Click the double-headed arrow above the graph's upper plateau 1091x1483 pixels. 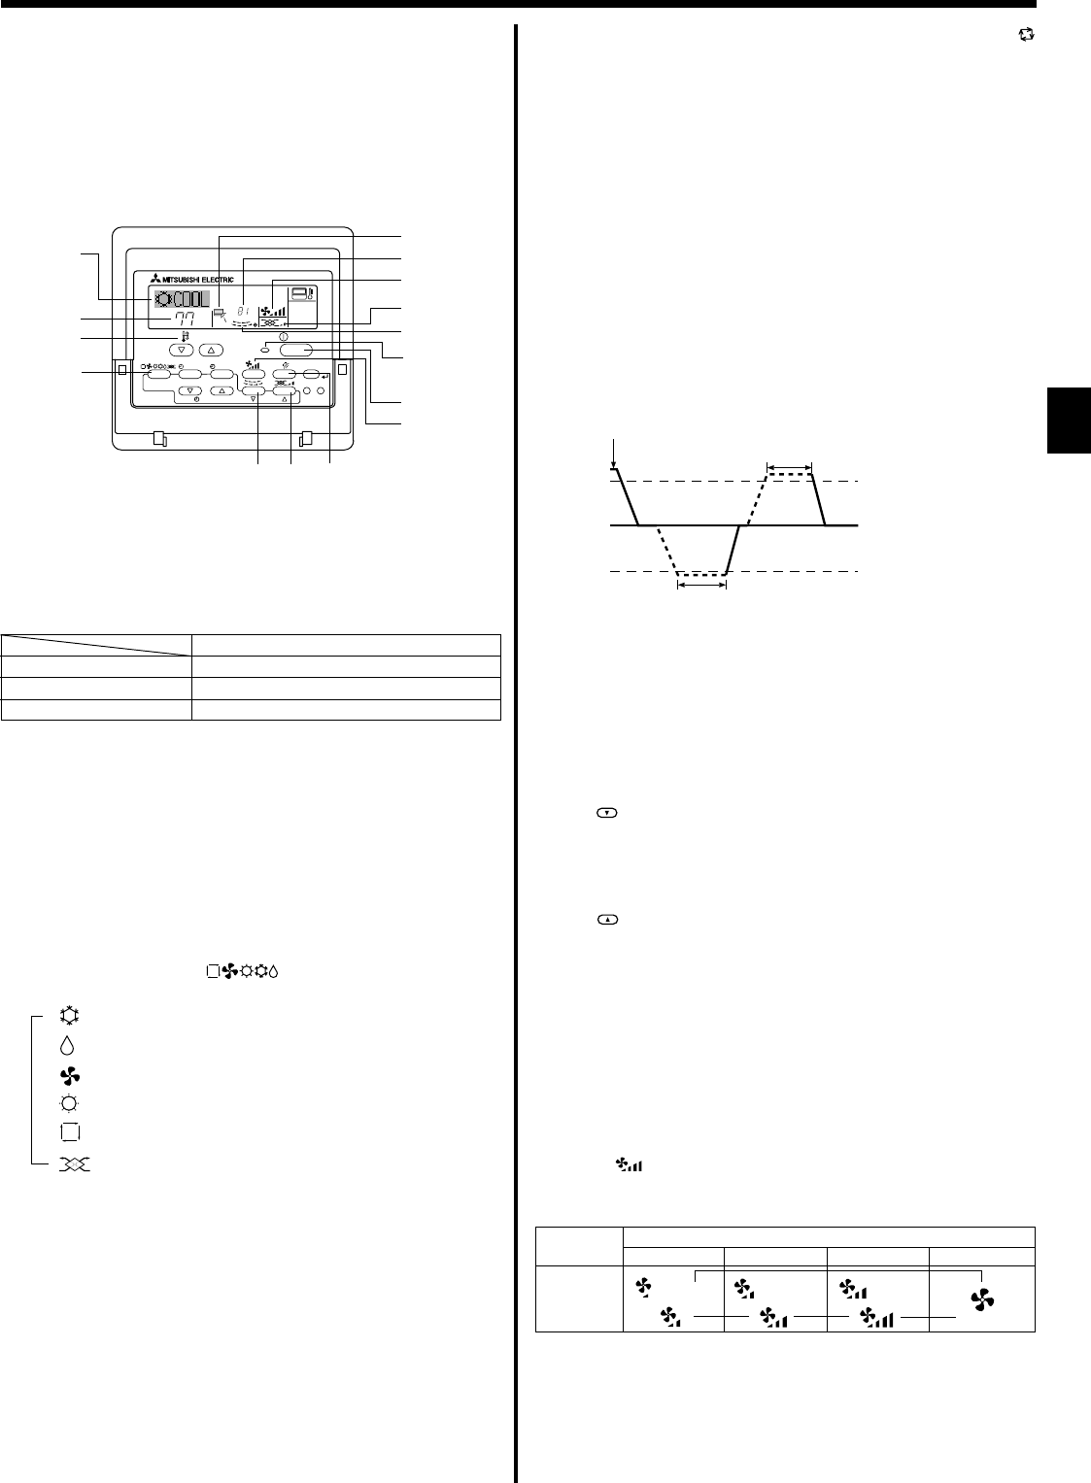(788, 467)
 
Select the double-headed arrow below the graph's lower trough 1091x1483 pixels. (701, 587)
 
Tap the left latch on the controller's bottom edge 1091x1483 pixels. (161, 439)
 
